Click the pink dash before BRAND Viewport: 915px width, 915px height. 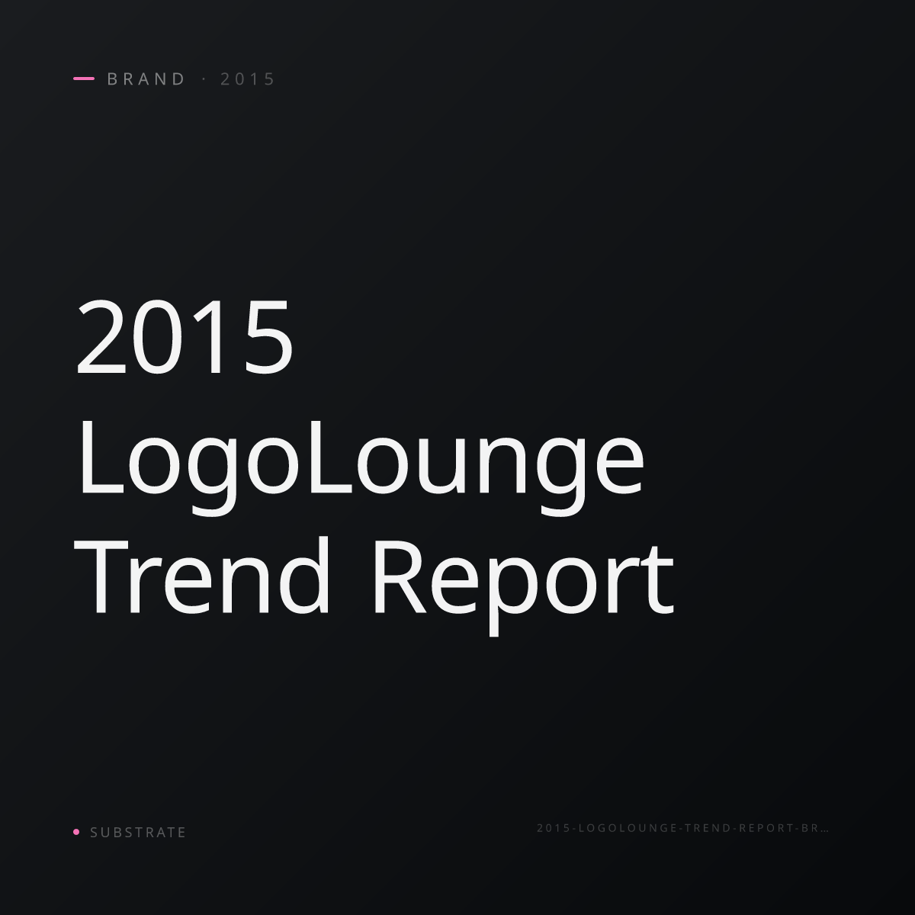tap(84, 79)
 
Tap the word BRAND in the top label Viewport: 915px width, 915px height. tap(146, 79)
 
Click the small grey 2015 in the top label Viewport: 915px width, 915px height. tap(247, 79)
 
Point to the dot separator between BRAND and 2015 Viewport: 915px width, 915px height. tap(204, 79)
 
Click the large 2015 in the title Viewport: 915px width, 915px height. tap(185, 336)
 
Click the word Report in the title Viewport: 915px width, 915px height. tap(524, 586)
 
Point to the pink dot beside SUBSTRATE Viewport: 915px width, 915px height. tap(76, 832)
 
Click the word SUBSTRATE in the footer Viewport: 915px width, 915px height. tap(138, 833)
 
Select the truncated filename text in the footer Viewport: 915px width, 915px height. tap(682, 828)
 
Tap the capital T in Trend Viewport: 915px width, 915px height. tap(101, 578)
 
